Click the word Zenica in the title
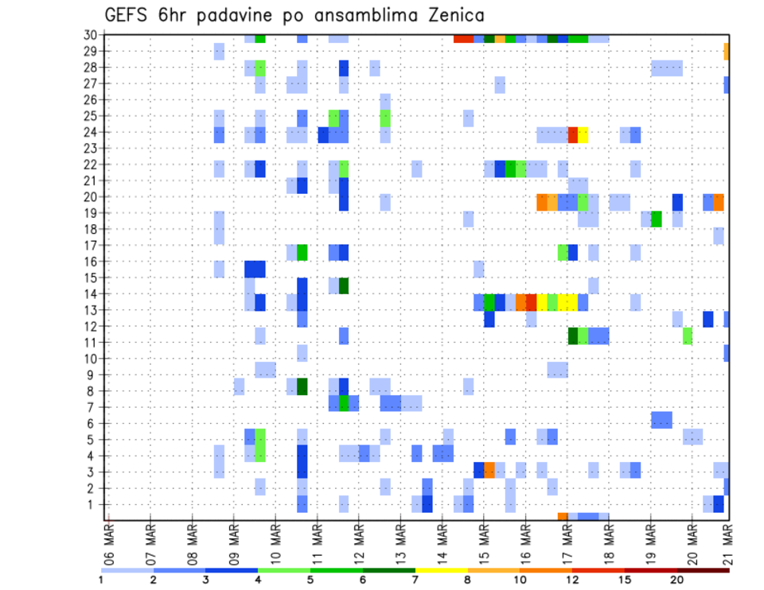(x=454, y=15)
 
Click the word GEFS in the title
(x=131, y=15)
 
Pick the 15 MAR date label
(x=483, y=542)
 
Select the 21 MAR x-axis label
(x=726, y=542)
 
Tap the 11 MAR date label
(x=317, y=542)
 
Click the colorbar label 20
(x=676, y=579)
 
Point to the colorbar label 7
(x=415, y=579)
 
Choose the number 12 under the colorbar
(x=572, y=579)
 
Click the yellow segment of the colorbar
(x=441, y=569)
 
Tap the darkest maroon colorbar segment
(x=703, y=569)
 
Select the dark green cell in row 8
(x=302, y=386)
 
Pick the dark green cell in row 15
(x=344, y=285)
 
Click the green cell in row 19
(x=657, y=219)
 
